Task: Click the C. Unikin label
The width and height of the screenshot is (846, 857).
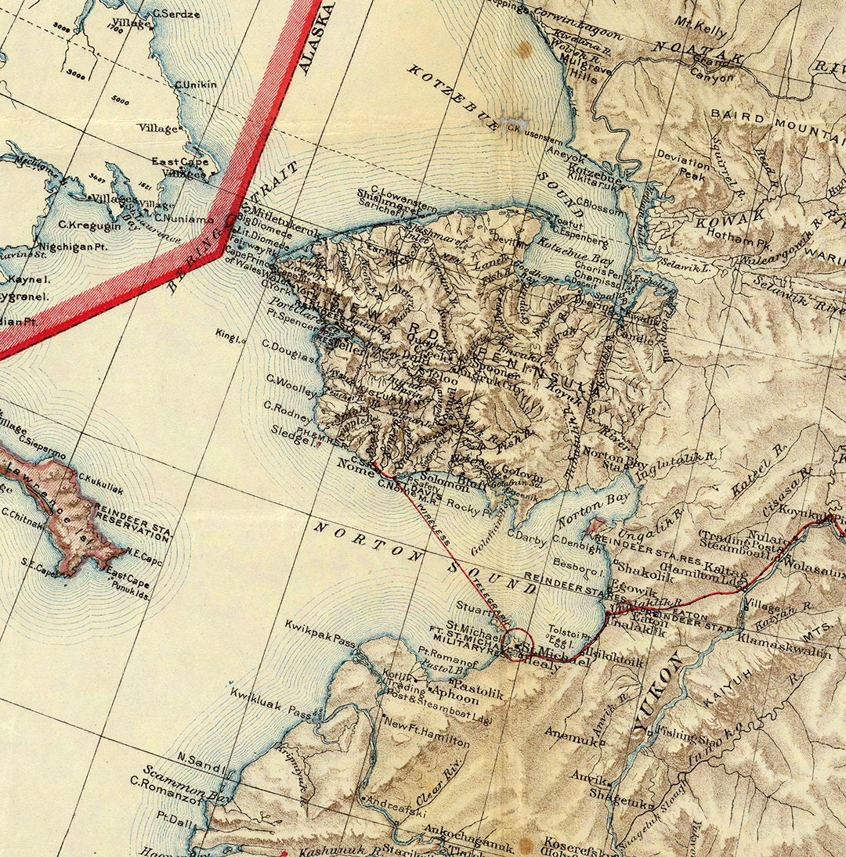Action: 195,85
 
